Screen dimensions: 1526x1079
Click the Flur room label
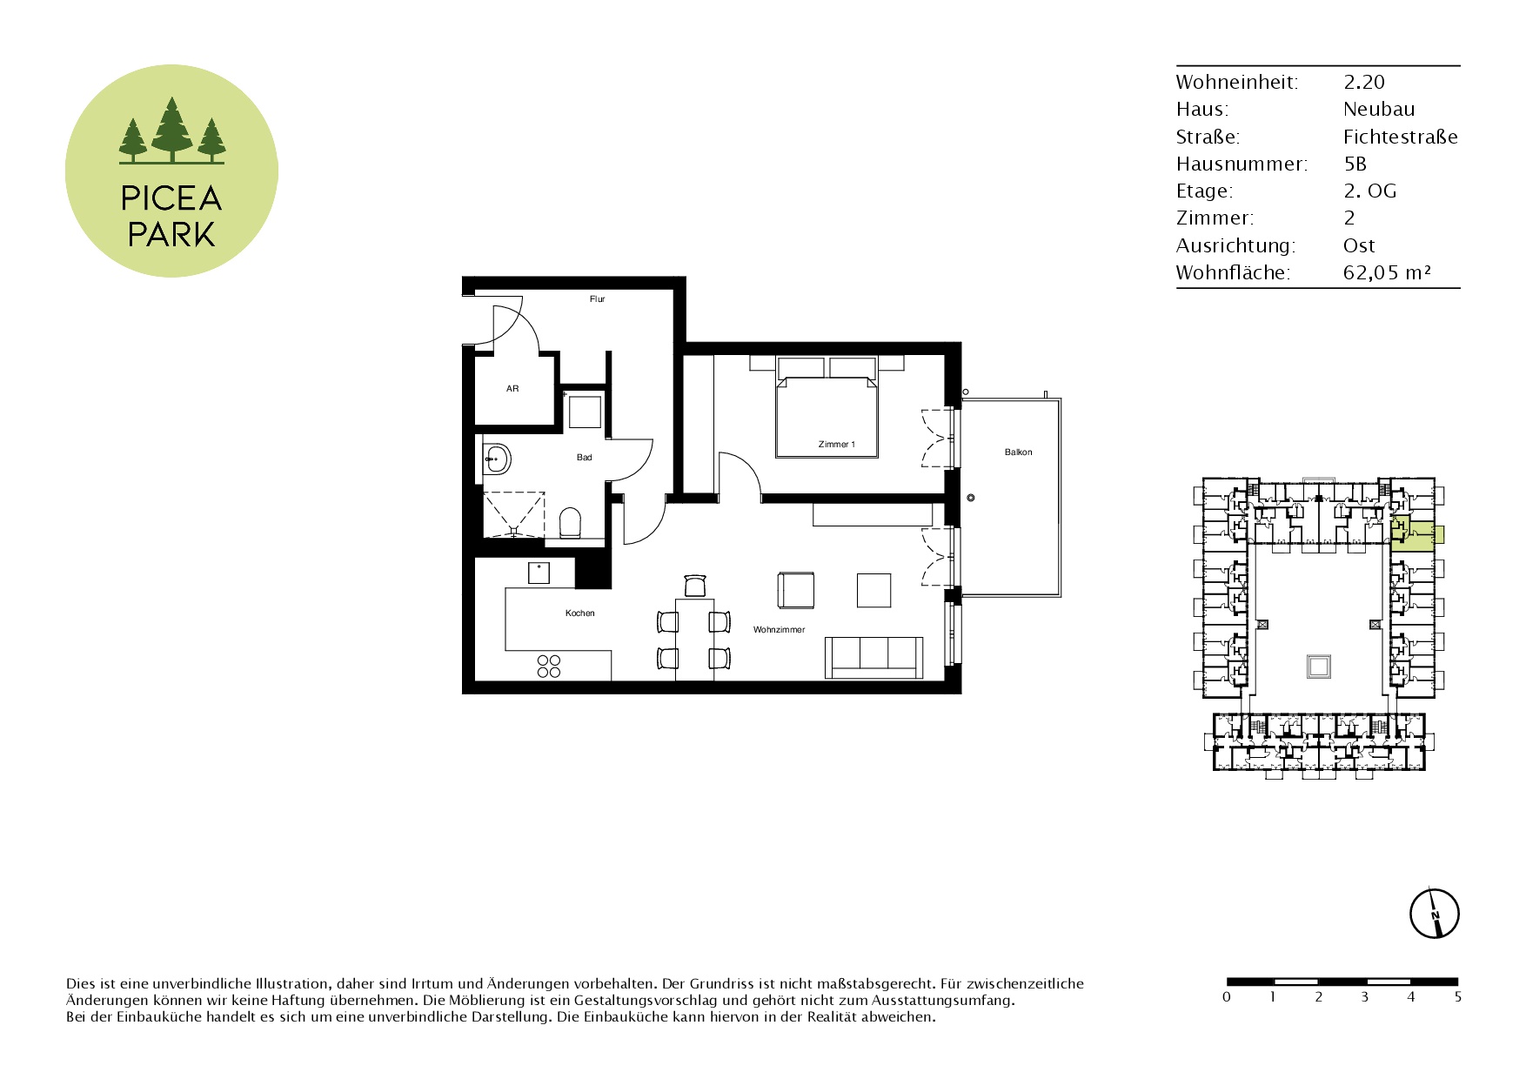597,299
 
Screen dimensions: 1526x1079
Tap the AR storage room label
512,389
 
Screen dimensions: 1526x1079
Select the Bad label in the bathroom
585,458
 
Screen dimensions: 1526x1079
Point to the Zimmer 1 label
837,445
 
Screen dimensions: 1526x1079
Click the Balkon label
1019,452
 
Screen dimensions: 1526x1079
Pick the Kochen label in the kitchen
580,613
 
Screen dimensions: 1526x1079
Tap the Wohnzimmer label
780,630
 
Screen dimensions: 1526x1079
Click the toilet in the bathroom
570,523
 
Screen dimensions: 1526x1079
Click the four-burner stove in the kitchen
549,667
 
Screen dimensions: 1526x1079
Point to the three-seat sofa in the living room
873,657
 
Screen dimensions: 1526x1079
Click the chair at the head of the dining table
695,586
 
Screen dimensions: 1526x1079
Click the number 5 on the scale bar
1458,997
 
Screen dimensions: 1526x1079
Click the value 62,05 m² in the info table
1388,273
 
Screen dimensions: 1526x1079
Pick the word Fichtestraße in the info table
1401,137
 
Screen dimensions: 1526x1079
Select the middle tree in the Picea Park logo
172,130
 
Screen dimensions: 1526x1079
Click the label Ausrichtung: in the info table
1235,246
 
